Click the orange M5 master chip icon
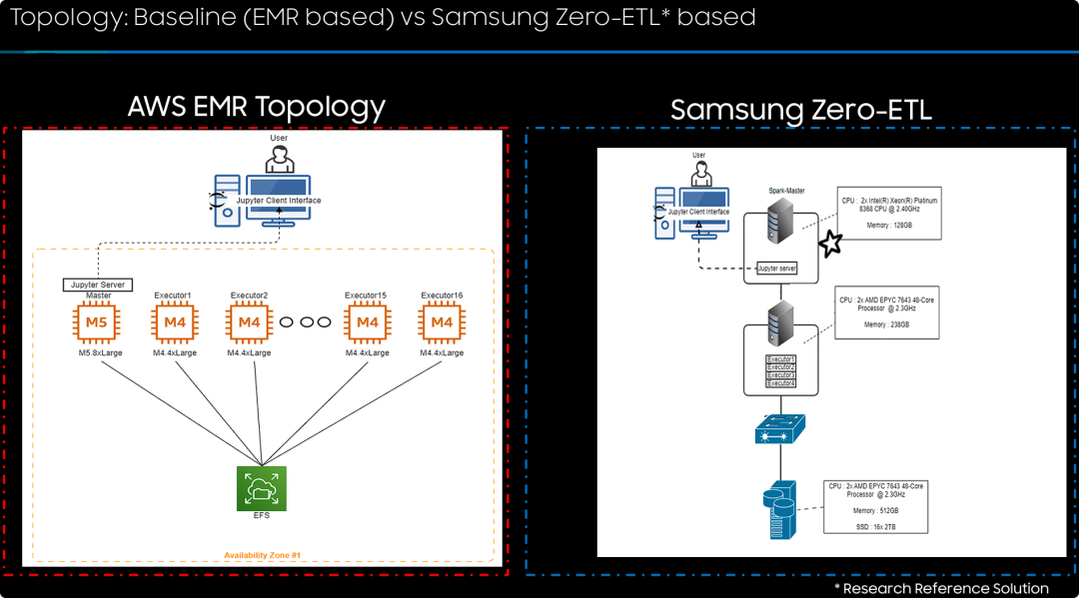96,322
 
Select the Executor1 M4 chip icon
174,322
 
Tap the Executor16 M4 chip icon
442,322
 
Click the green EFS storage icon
261,488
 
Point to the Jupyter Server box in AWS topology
97,286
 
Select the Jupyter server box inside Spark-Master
776,268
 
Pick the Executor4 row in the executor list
780,383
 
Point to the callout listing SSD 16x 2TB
874,506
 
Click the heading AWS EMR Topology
257,107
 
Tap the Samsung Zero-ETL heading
800,110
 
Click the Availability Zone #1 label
263,555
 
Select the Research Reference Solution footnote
941,588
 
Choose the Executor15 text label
367,296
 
